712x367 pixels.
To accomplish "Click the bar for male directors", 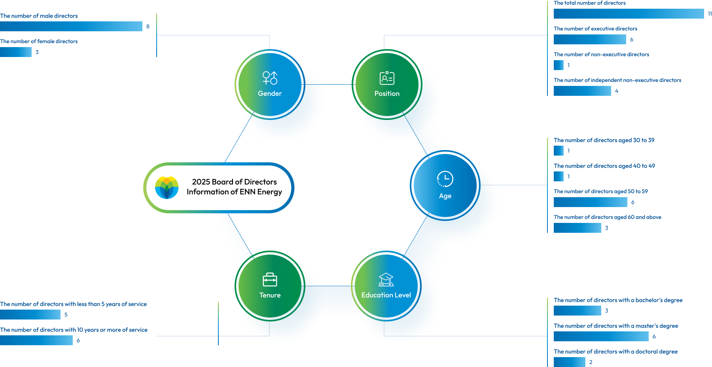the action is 71,26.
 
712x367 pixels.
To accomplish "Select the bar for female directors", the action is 16,52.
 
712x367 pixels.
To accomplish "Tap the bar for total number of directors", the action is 629,13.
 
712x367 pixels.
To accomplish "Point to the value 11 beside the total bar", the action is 710,14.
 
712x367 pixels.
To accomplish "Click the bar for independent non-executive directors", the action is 582,91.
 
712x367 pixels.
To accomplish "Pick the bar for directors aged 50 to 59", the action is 591,202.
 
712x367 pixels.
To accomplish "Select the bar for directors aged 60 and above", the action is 578,228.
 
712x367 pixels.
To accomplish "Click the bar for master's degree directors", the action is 601,336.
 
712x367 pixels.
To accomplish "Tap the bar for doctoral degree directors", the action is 570,362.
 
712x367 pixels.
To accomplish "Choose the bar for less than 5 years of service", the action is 30,314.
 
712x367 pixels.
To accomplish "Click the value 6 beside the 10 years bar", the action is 78,340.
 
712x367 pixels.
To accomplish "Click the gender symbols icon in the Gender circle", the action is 270,78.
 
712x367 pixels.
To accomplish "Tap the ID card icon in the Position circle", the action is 387,78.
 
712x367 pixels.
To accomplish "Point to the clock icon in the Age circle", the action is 445,179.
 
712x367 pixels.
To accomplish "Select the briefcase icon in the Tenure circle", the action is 270,280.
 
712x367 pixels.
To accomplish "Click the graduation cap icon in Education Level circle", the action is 386,280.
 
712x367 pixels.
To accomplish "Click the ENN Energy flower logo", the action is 167,188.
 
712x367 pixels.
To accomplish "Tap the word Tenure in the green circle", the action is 270,295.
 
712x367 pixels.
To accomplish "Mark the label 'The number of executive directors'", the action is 595,29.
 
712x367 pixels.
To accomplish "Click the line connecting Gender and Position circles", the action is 328,84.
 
